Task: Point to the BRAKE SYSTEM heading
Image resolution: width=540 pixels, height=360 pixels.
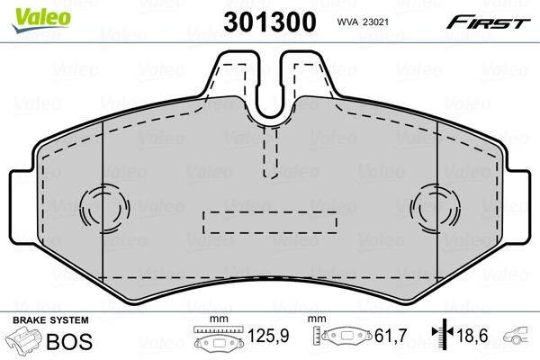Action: [x=49, y=320]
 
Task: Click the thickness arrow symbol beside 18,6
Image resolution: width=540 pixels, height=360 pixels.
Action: [x=439, y=337]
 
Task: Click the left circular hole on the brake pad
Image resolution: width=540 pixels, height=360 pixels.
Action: [x=96, y=208]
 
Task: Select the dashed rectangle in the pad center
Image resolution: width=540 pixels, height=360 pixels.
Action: [x=270, y=221]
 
